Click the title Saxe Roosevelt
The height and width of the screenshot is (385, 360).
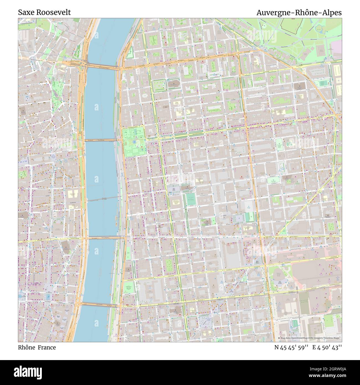(x=44, y=12)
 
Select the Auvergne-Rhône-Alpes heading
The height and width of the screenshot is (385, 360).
(x=299, y=12)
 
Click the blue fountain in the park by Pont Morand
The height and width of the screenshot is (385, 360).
(x=134, y=142)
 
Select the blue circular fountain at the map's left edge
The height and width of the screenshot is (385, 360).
(x=20, y=296)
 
